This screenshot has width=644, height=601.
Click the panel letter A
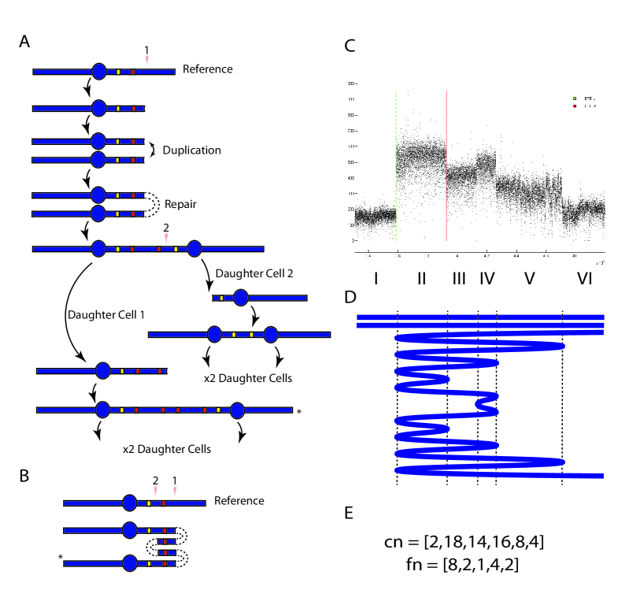24,43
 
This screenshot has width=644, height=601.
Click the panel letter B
24,475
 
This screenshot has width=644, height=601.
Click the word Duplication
191,150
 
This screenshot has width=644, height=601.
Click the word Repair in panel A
181,203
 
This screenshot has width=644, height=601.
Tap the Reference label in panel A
207,69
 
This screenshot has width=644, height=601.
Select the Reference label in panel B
239,501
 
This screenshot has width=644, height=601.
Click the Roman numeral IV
487,279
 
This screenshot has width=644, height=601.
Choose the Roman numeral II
422,279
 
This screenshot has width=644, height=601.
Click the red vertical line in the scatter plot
446,165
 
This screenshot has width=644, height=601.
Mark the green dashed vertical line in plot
395,165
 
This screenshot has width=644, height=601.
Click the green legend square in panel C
575,98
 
